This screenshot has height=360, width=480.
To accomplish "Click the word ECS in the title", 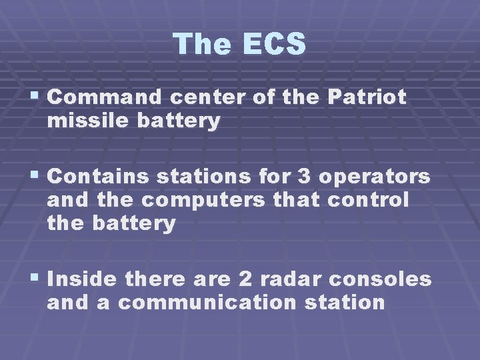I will coord(275,44).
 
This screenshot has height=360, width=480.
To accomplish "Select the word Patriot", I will coord(367,97).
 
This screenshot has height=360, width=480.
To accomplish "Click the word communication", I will coord(207,302).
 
